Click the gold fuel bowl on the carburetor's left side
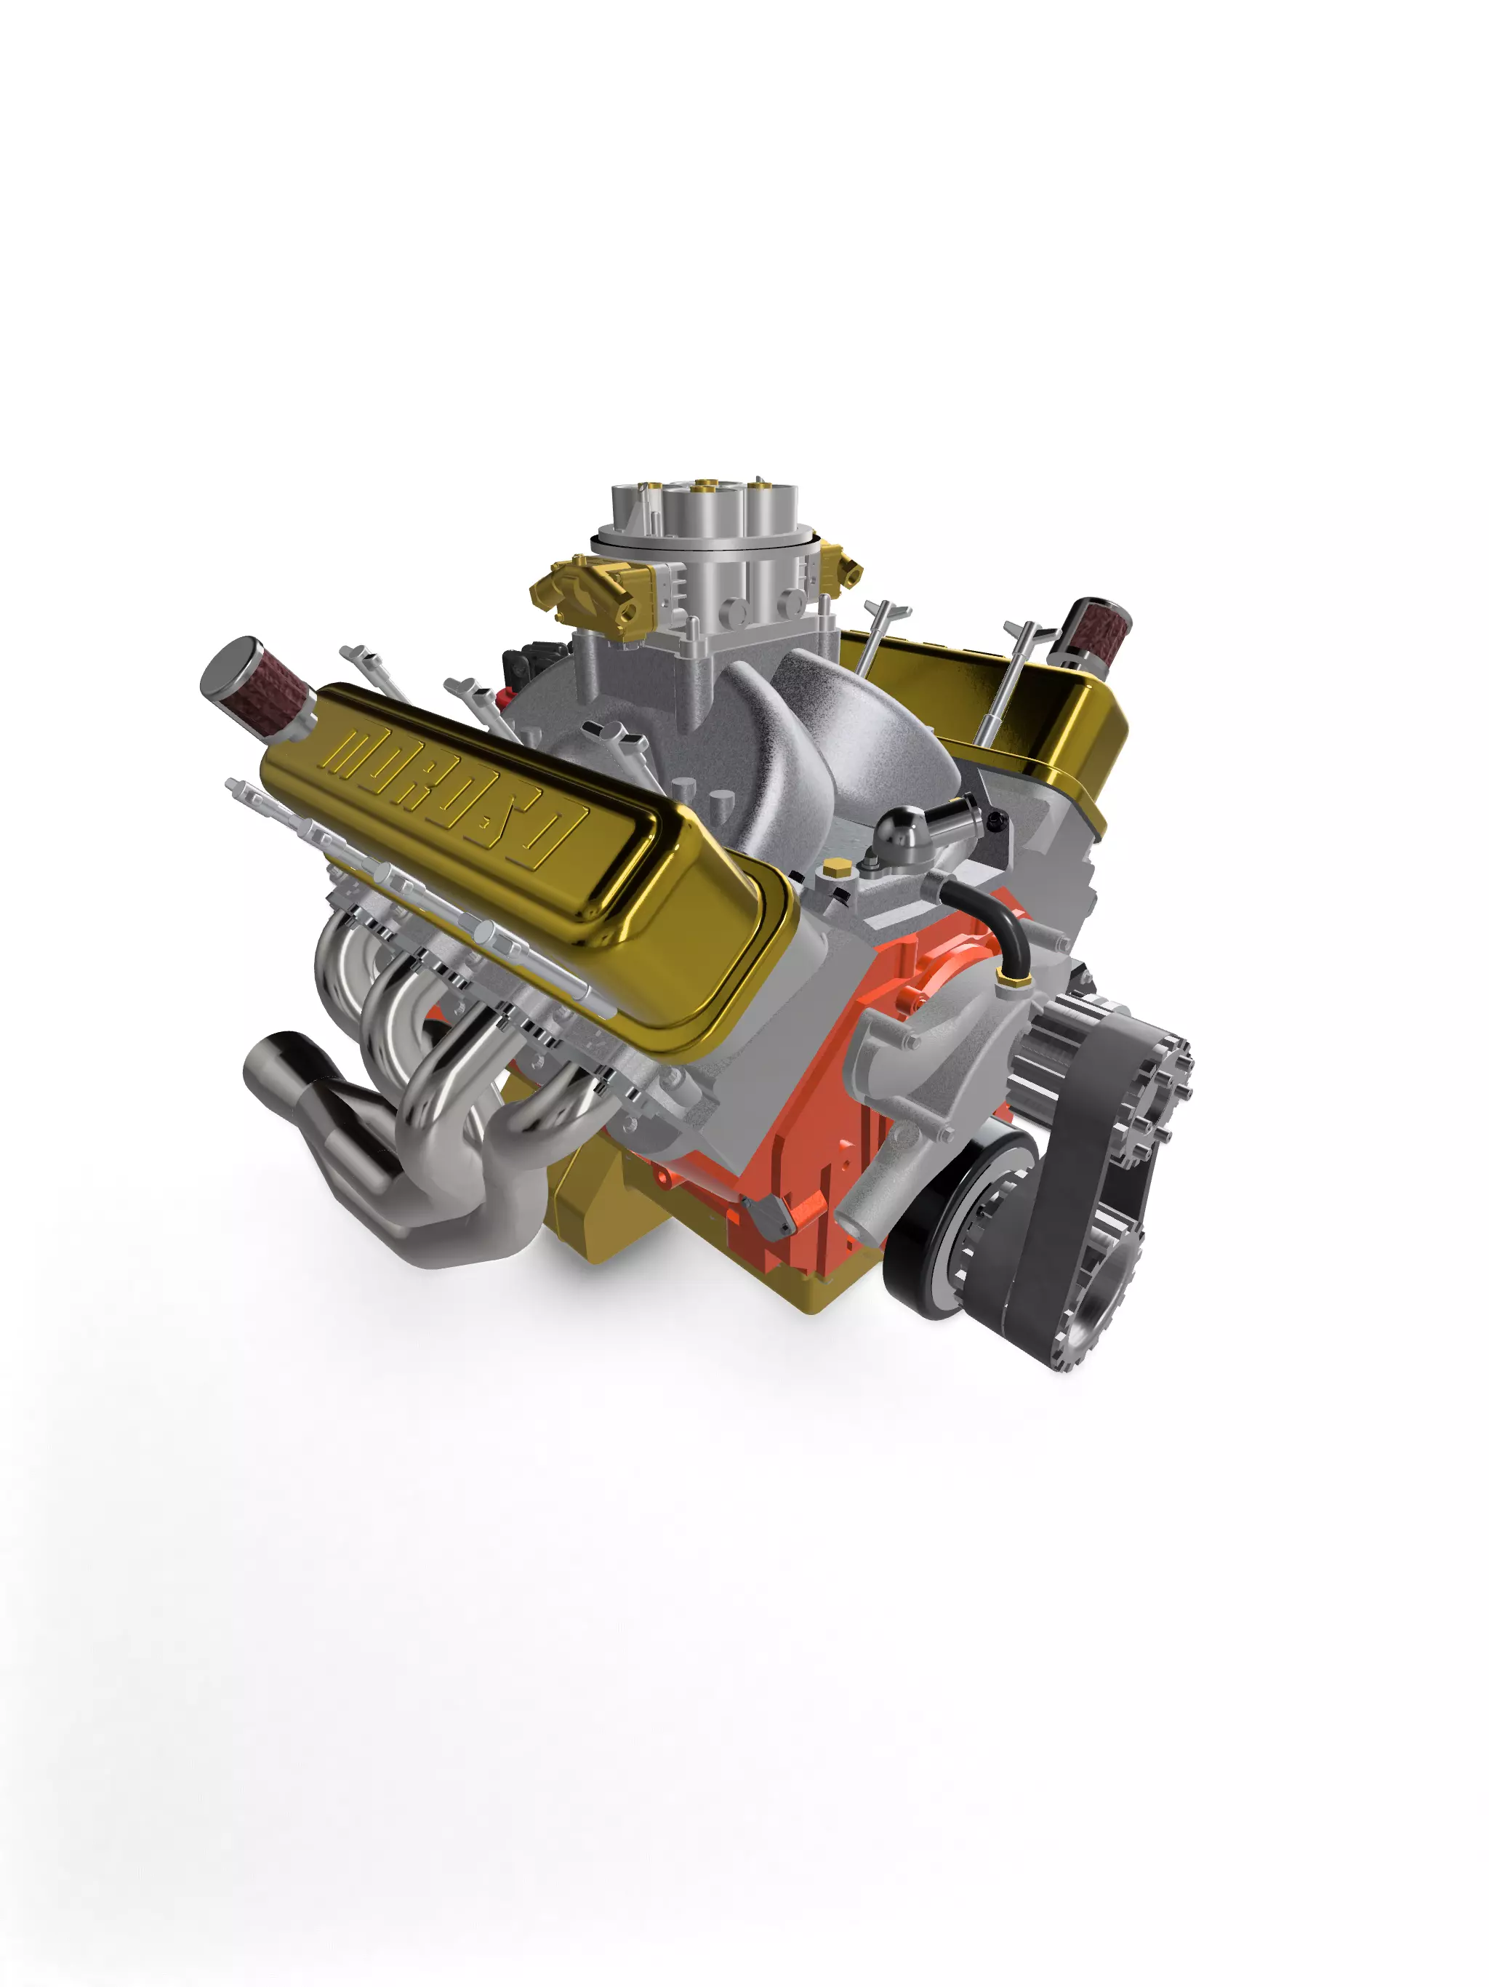[588, 588]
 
